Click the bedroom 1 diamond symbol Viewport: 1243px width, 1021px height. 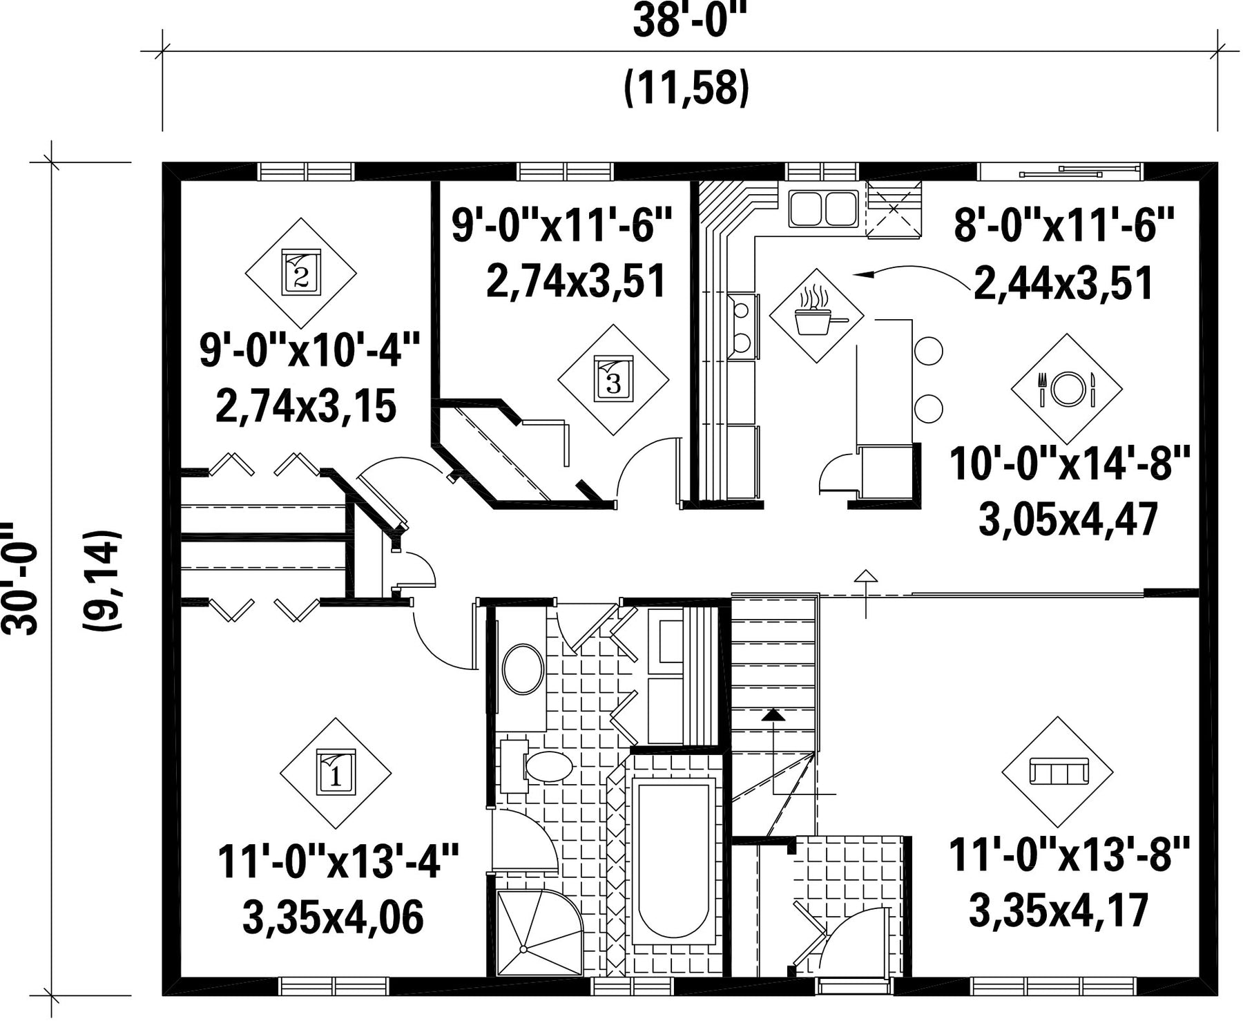click(336, 773)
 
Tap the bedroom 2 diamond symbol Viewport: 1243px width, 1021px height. click(301, 273)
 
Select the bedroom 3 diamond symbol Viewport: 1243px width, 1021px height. click(613, 379)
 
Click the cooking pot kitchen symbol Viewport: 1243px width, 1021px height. click(816, 315)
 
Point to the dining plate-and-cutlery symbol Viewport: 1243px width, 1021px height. click(1067, 389)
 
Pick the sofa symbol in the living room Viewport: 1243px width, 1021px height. click(1057, 772)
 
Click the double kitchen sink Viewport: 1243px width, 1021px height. click(822, 208)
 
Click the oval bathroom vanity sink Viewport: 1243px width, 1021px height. click(523, 669)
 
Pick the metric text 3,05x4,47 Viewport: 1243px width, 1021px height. click(1068, 519)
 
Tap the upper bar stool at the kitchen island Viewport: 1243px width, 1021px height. click(928, 350)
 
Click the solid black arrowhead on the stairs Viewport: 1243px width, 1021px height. click(773, 714)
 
